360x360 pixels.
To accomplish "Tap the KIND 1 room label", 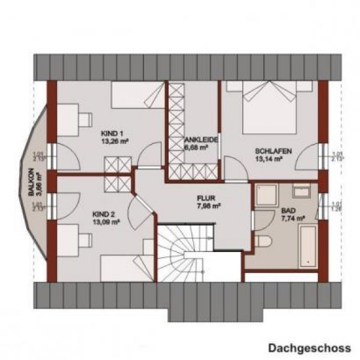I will (111, 133).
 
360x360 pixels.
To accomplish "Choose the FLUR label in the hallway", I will (208, 197).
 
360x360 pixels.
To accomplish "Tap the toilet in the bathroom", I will (262, 241).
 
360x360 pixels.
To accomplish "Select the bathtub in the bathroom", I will (308, 246).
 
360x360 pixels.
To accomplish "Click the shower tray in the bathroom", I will (263, 196).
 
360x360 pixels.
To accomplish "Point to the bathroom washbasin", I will (301, 191).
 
